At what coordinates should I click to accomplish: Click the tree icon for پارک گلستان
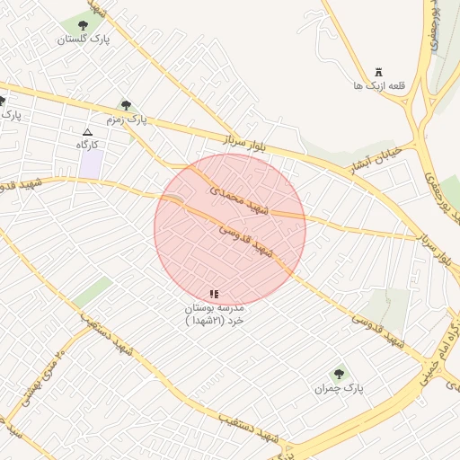click(84, 25)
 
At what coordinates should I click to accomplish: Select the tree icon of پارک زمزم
click(125, 105)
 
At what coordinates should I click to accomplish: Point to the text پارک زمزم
click(127, 119)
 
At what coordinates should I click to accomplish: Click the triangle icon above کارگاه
click(87, 132)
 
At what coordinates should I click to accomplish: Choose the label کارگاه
click(87, 145)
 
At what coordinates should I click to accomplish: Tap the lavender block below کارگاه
click(91, 164)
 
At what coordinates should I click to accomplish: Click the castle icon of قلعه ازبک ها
click(378, 72)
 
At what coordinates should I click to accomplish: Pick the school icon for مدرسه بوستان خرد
click(214, 294)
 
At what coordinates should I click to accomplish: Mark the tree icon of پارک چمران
click(339, 375)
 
